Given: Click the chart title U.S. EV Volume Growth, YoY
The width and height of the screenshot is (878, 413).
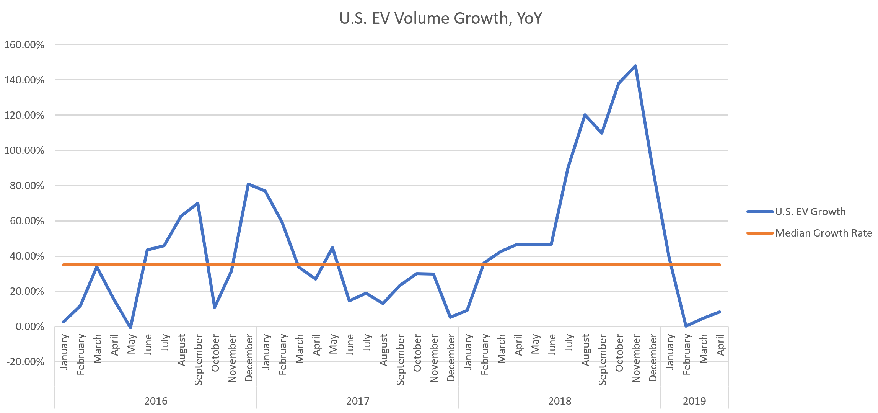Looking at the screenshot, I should (x=440, y=18).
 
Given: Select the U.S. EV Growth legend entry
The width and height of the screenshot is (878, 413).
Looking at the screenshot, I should (x=810, y=212).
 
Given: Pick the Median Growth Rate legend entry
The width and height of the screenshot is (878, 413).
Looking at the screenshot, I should (x=823, y=233).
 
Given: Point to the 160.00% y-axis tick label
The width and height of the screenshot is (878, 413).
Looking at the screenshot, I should (x=24, y=45).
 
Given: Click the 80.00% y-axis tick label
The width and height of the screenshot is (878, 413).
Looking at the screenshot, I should (x=24, y=186).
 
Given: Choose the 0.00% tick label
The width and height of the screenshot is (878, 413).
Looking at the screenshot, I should (x=30, y=326).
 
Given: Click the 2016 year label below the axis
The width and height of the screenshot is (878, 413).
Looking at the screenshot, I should (x=156, y=401).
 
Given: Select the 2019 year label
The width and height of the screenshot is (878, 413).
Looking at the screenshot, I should (x=694, y=401).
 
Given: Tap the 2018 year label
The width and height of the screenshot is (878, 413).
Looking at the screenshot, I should (x=560, y=401).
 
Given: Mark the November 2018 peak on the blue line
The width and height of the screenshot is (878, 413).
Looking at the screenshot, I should (x=635, y=66).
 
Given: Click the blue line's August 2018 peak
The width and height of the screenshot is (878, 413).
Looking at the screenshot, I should (x=585, y=115).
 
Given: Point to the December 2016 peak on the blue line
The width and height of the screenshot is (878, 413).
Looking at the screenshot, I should (x=248, y=184).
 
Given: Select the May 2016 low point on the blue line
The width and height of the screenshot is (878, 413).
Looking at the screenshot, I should (x=130, y=328).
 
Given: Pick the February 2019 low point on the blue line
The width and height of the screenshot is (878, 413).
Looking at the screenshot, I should (x=686, y=326).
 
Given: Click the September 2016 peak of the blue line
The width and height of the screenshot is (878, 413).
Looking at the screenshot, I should (x=198, y=203).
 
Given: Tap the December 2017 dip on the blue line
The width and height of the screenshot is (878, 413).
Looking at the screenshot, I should (x=450, y=317).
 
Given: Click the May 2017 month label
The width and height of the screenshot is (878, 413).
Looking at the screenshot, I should (x=333, y=344).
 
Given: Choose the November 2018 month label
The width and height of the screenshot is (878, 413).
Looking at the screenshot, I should (x=636, y=358).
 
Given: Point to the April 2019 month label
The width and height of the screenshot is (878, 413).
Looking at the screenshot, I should (x=720, y=344).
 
